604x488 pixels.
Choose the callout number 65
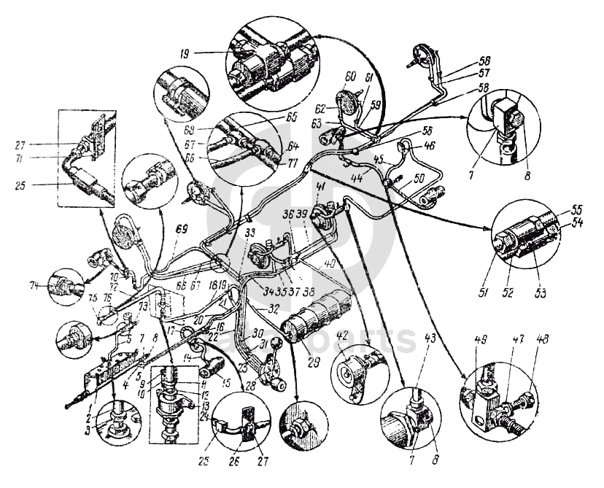pos(272,117)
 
